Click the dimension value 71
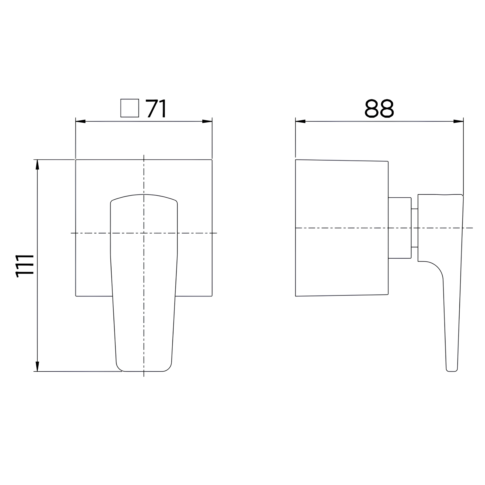coord(156,108)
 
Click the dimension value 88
coord(379,108)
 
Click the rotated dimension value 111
coord(24,266)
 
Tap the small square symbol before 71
coord(130,108)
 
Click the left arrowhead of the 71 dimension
coord(81,121)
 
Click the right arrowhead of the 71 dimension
coord(207,121)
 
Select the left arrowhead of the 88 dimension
coord(300,121)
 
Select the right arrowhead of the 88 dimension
coord(458,121)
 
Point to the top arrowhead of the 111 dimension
coord(37,164)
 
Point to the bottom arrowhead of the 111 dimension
coord(37,366)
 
